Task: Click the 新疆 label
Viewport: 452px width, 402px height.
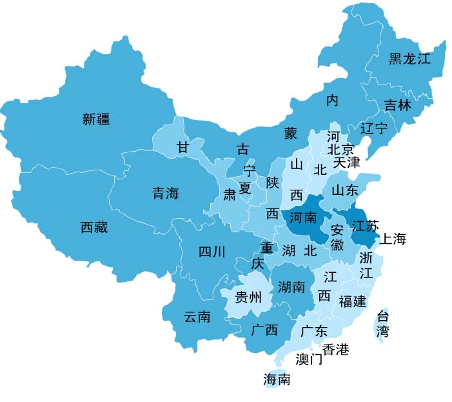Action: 96,119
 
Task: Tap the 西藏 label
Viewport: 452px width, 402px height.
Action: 94,227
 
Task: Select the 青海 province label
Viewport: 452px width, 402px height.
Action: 165,193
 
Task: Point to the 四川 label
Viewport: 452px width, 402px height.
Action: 211,252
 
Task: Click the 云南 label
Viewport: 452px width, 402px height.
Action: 197,317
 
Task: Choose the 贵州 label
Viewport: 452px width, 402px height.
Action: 248,297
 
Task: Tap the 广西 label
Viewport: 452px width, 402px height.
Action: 264,330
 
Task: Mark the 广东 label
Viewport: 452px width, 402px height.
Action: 314,331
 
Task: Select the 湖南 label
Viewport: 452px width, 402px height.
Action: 291,287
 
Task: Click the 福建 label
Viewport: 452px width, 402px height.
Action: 352,301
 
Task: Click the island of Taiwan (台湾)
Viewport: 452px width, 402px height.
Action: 383,325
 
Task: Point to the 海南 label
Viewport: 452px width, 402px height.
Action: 277,379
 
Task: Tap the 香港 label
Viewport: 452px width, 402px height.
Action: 335,350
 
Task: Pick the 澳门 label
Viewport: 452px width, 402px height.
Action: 309,359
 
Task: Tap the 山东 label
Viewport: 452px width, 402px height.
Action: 344,190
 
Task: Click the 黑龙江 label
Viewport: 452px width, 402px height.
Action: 409,59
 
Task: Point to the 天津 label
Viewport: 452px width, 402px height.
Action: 346,163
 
